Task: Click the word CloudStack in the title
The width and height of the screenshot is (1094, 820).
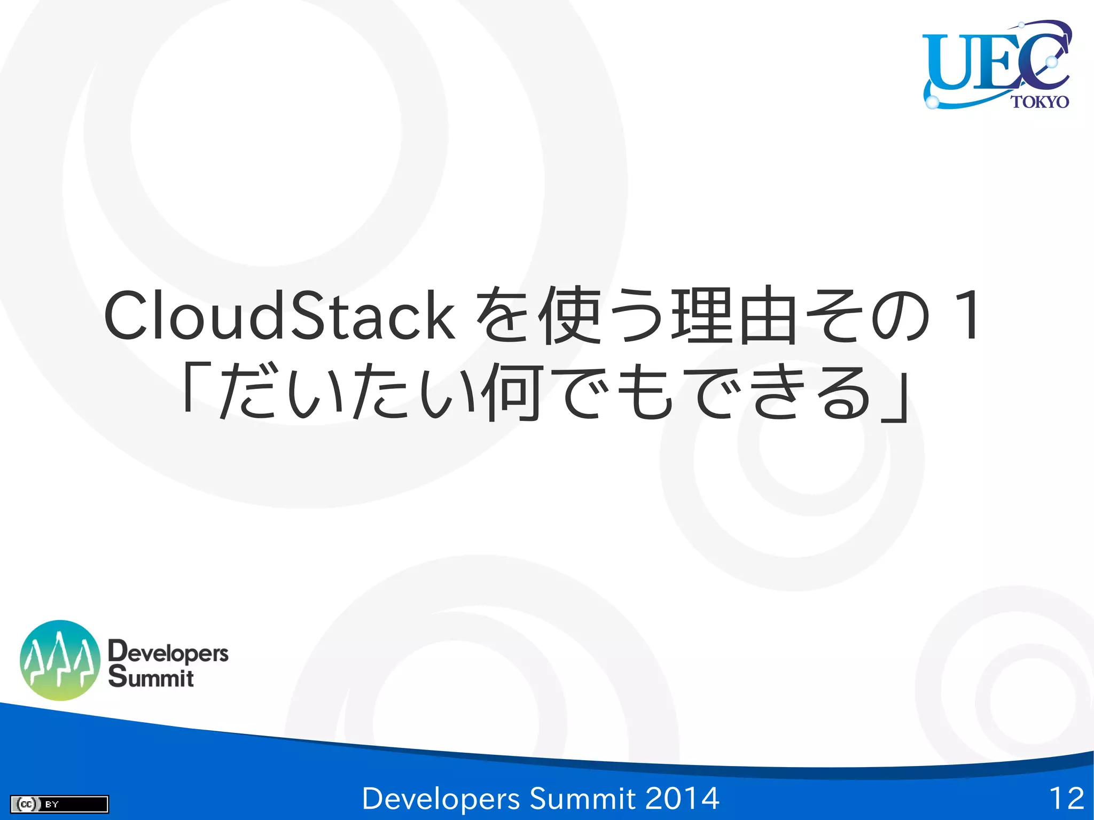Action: coord(279,316)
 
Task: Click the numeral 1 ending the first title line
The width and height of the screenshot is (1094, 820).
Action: coord(967,316)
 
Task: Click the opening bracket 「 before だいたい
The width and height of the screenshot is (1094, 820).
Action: coord(196,387)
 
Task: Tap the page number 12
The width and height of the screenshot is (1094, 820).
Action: coord(1066,799)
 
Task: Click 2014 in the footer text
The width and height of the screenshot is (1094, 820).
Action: coord(682,799)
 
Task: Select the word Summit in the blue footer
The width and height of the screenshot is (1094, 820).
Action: coord(582,799)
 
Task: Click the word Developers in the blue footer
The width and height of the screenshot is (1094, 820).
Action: coord(441,799)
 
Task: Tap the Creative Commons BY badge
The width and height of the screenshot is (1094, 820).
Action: coord(59,804)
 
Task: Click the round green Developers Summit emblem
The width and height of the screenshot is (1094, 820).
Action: coord(60,660)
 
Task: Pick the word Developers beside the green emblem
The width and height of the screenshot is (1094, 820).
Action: coord(168,652)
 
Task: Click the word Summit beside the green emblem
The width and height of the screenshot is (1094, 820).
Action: coord(151,677)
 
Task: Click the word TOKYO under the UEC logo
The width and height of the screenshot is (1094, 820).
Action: coord(1040,101)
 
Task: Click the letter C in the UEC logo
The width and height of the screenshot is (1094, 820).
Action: coord(1042,60)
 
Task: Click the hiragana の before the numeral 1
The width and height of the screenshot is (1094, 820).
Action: coord(900,316)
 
